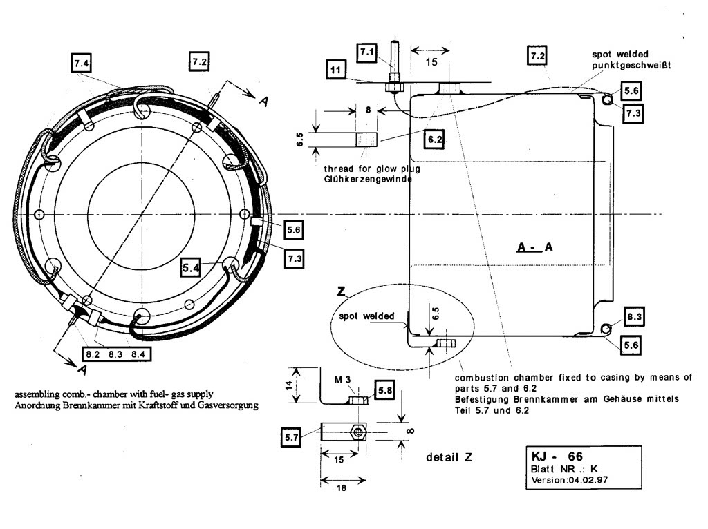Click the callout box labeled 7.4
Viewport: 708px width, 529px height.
click(81, 63)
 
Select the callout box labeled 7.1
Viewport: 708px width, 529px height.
click(366, 51)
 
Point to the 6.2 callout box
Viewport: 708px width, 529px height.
click(435, 139)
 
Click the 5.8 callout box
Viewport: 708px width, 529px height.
click(384, 392)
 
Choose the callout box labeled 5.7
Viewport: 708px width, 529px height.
click(291, 436)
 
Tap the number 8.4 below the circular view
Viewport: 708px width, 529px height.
click(138, 354)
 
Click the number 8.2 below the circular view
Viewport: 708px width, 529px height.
click(93, 354)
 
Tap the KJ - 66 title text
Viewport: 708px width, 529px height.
click(557, 456)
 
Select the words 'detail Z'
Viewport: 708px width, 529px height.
click(449, 457)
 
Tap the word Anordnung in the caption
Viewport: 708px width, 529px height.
click(35, 405)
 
